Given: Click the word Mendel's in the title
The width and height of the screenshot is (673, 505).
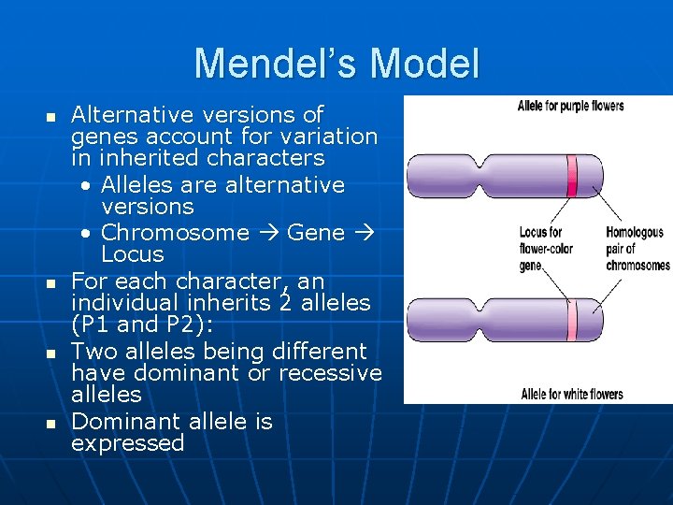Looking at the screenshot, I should click(276, 64).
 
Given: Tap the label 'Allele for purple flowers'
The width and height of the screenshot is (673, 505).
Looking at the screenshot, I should click(570, 106).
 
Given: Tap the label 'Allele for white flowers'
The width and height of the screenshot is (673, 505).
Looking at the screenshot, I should click(571, 394).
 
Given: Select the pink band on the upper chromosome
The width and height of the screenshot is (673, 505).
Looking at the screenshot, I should click(571, 176).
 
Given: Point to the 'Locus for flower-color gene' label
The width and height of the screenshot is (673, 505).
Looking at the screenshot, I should click(546, 249).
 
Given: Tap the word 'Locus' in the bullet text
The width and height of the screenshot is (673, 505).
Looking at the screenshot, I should click(132, 255).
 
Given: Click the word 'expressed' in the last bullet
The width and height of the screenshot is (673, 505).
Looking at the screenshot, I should click(127, 443).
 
